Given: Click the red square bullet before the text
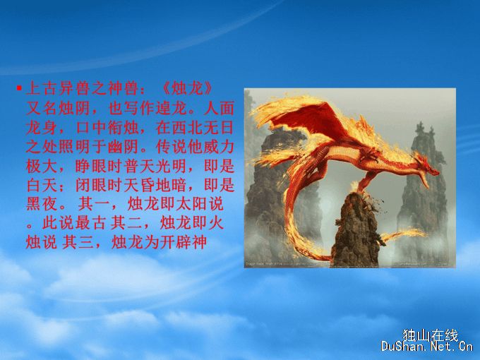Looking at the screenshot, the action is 19,88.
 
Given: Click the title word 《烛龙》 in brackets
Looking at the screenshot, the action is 187,89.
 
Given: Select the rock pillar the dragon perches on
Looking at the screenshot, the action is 355,229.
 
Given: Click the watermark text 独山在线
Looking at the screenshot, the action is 431,335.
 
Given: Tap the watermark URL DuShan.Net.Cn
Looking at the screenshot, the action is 427,347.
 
